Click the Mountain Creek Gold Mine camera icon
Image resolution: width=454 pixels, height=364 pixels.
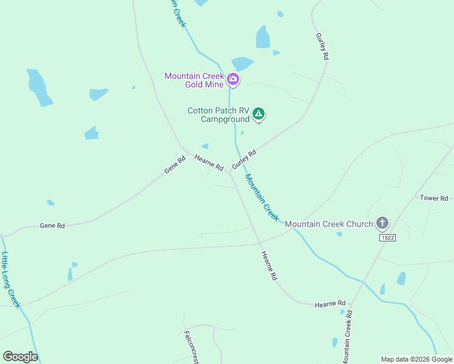click(x=233, y=79)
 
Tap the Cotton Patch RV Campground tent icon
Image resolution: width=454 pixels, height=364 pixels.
click(x=259, y=113)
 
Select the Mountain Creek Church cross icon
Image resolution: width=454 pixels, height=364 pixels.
click(x=382, y=223)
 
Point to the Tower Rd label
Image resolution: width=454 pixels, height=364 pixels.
click(x=434, y=198)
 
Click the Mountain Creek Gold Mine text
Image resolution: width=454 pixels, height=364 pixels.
click(x=194, y=79)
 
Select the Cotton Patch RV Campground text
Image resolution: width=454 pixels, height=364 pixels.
click(x=219, y=115)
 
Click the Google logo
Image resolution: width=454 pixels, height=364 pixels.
click(x=20, y=357)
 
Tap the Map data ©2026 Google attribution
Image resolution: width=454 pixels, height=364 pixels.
click(x=416, y=359)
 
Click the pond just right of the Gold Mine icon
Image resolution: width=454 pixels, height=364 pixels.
click(x=242, y=64)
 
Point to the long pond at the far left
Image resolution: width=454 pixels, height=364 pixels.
click(x=39, y=88)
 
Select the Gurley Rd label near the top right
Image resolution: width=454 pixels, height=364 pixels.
click(x=322, y=46)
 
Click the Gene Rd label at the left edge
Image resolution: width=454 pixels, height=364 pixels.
click(x=52, y=226)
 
